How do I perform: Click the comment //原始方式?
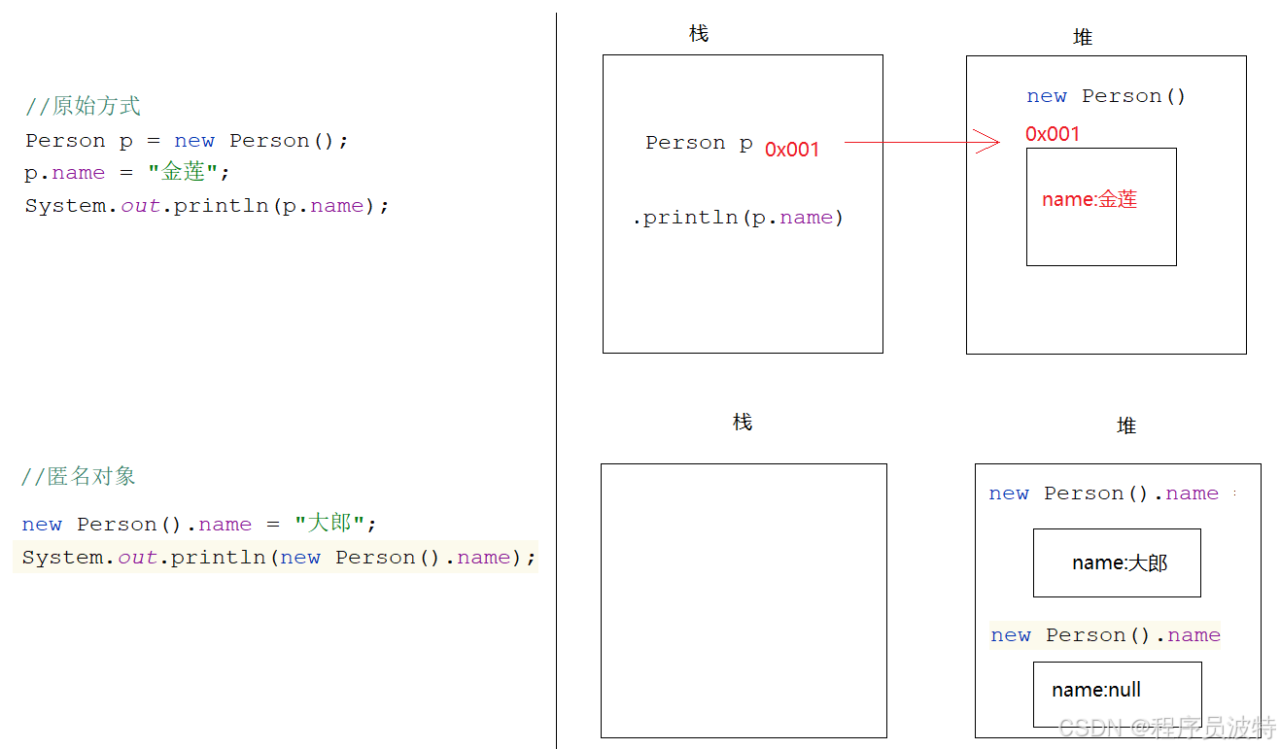click(x=83, y=106)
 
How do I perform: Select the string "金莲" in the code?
click(x=183, y=173)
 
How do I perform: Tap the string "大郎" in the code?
click(x=329, y=524)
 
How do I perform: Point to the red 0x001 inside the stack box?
click(x=792, y=150)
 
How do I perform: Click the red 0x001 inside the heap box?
click(x=1053, y=134)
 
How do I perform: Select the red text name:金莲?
click(x=1090, y=199)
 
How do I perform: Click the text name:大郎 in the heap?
click(x=1120, y=562)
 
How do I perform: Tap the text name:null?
click(x=1096, y=690)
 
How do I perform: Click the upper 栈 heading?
click(x=699, y=34)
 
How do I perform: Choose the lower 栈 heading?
click(x=743, y=423)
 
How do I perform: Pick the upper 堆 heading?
click(x=1083, y=37)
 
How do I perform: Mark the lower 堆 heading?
click(x=1126, y=426)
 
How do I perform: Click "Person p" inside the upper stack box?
click(x=699, y=143)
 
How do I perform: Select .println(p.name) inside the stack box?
click(x=738, y=218)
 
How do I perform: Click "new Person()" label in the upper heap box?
click(x=1106, y=96)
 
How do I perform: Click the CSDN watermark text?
click(x=1166, y=727)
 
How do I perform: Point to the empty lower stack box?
click(x=744, y=600)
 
